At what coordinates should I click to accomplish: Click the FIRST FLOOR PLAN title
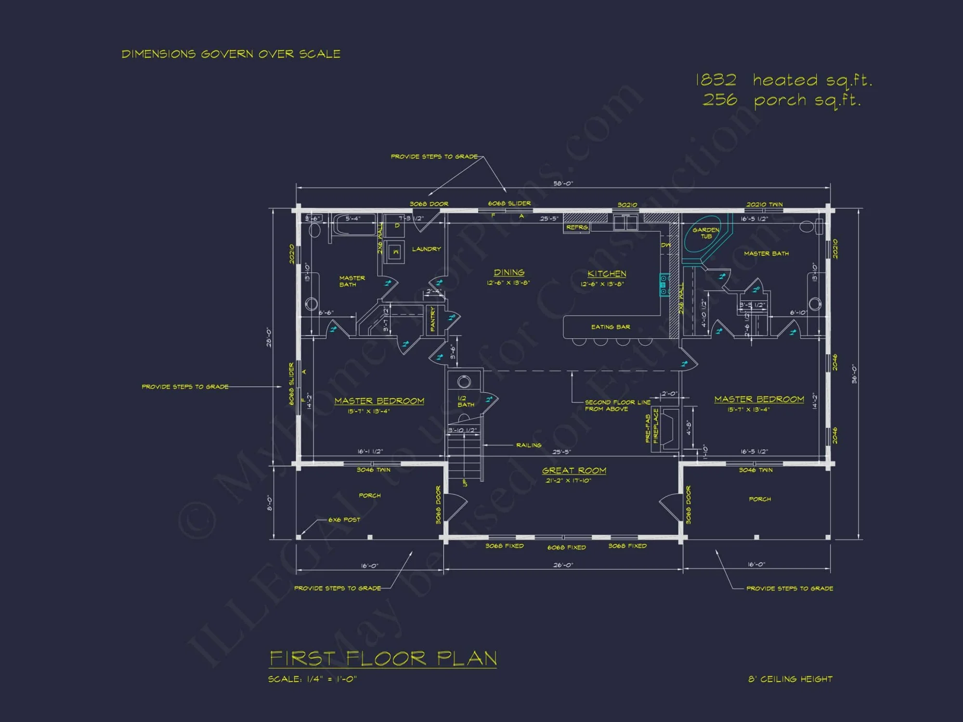383,658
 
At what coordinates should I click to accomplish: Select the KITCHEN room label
607,274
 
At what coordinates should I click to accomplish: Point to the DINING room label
509,272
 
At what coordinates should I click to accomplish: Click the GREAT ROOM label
574,471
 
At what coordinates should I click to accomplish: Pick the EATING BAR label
611,327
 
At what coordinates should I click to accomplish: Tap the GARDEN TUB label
706,233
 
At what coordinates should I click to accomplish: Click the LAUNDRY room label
426,249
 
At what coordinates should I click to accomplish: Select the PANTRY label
432,319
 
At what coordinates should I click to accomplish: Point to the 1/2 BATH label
465,401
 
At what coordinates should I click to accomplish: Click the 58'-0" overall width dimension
563,183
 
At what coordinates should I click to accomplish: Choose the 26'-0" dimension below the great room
563,565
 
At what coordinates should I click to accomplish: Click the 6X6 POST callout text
344,520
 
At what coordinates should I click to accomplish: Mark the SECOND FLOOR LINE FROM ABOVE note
617,405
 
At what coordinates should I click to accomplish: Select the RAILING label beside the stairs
529,445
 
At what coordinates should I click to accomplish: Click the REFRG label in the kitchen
577,227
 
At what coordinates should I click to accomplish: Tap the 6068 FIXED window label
566,547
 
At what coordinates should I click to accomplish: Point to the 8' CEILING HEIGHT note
790,679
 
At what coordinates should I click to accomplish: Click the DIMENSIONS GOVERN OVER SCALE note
231,54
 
